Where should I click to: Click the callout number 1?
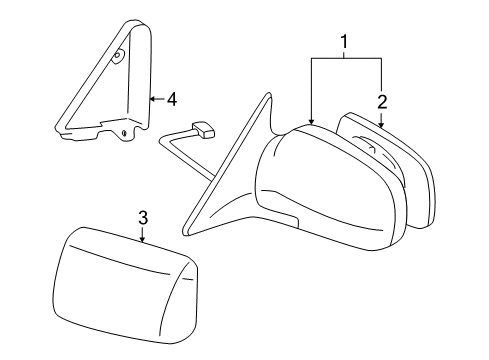point(346,45)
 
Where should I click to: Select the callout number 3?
point(143,216)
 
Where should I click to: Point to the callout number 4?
point(172,99)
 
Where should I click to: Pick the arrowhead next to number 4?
point(152,99)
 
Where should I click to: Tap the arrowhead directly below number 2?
point(381,124)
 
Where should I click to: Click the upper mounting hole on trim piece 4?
point(118,57)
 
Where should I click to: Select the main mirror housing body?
point(330,195)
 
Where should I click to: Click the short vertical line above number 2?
point(381,75)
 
